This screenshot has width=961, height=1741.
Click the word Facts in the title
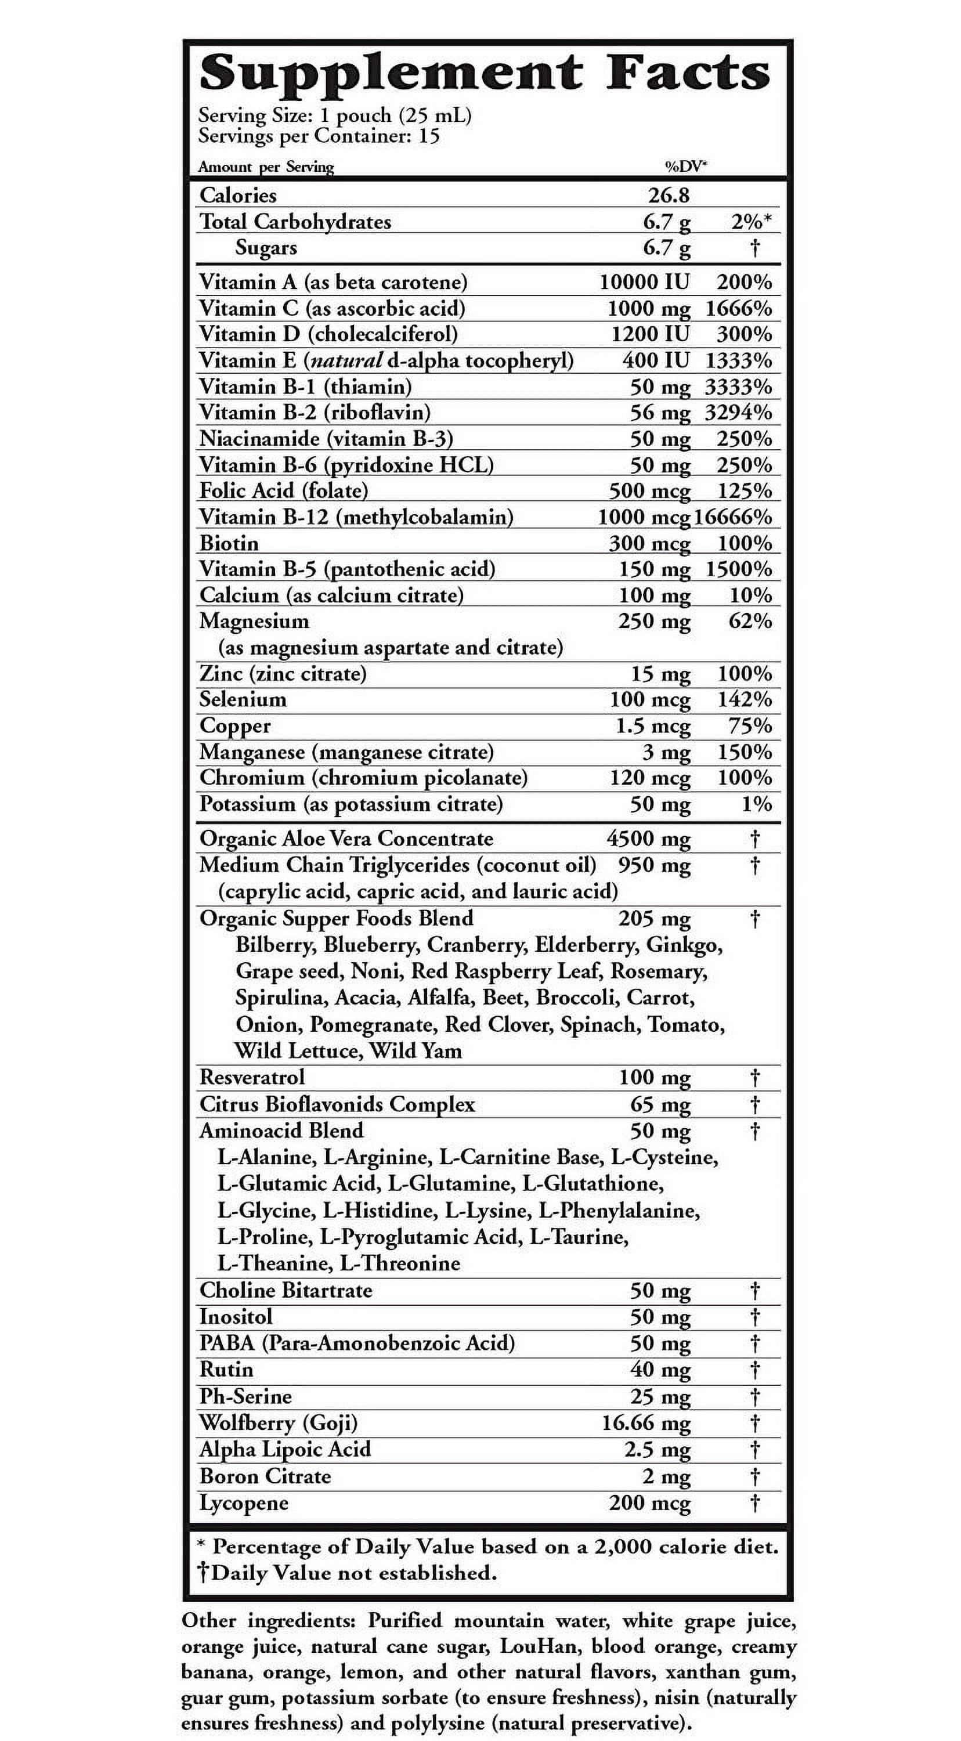click(x=687, y=73)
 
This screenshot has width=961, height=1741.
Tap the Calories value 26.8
click(x=669, y=196)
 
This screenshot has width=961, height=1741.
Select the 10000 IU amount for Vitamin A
click(x=644, y=282)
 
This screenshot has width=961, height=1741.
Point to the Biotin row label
click(x=229, y=543)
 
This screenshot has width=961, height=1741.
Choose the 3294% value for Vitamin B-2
click(x=738, y=412)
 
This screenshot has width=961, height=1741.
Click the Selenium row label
click(x=243, y=699)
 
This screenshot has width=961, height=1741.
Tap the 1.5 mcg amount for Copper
click(x=653, y=726)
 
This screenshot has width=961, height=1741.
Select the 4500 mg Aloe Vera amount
click(x=648, y=839)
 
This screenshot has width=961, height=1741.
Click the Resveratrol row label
click(x=252, y=1077)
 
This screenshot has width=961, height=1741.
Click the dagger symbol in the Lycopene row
click(x=756, y=1502)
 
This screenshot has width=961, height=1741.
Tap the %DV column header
click(x=686, y=166)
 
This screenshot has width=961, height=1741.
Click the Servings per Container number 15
click(x=428, y=136)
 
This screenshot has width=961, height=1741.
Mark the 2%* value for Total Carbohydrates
click(x=752, y=222)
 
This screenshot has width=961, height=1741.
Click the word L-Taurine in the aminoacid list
click(x=579, y=1237)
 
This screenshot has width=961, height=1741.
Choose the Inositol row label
click(x=236, y=1317)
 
